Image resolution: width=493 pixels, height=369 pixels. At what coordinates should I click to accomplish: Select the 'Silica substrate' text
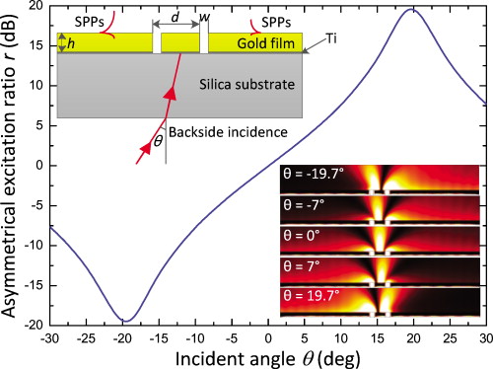coord(241,85)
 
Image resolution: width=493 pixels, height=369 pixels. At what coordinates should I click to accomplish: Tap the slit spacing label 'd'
coord(175,18)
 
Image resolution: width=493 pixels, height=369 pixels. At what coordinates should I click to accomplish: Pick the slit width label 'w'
coord(205,17)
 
